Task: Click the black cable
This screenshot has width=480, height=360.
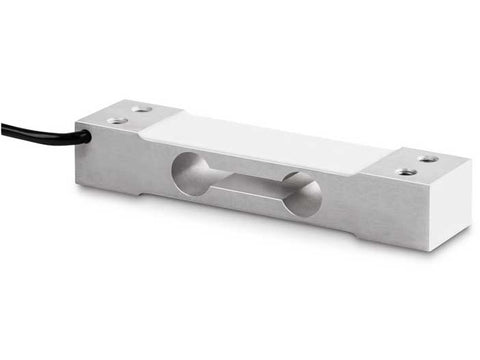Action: (x=40, y=132)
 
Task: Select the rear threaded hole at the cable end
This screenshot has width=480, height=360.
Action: (x=142, y=109)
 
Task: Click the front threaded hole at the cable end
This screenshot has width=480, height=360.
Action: (x=118, y=120)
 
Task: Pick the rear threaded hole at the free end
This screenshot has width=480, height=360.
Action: (x=427, y=158)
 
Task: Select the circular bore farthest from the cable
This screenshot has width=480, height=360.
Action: (x=301, y=194)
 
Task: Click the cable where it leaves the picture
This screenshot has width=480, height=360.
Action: (x=3, y=127)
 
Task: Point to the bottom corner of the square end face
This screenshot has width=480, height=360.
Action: (x=431, y=250)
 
